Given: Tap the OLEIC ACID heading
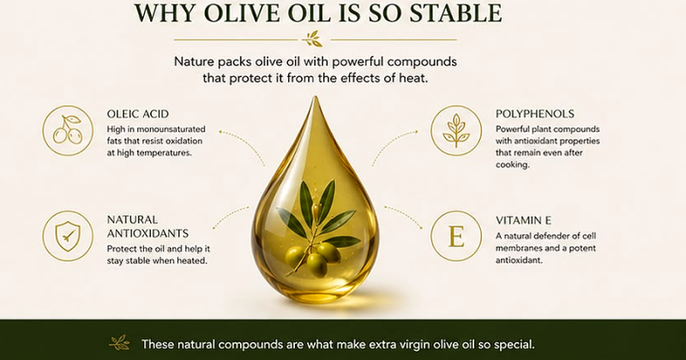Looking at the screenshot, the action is point(138,114).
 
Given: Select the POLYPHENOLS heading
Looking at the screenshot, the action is point(534,114).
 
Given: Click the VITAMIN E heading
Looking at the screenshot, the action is point(523,220).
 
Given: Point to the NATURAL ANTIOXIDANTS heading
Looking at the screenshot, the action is point(147,226).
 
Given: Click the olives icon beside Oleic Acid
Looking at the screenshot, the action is point(68,130).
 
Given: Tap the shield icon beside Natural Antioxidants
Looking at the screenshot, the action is point(68,236).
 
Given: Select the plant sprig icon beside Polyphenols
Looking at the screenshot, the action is point(456,130).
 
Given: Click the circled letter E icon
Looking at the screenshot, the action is point(456,237).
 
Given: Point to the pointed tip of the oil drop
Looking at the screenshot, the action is point(315,97).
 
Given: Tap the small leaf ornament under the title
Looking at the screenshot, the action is point(314,39).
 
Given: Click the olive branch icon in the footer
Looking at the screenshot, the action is point(119,343).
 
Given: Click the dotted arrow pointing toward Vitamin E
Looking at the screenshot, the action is point(404,215).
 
